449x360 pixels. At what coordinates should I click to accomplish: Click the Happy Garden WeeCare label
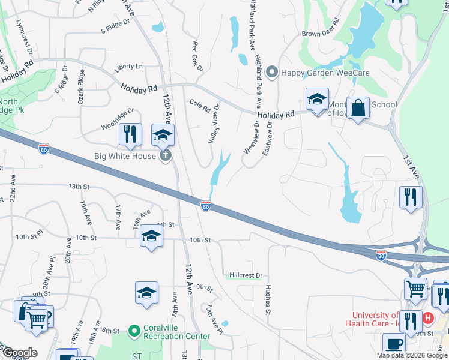click(325, 73)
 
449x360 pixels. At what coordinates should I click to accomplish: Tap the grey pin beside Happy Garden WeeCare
click(272, 73)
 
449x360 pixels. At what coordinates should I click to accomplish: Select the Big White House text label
click(126, 156)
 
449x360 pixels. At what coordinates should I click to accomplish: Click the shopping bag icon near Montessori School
click(358, 109)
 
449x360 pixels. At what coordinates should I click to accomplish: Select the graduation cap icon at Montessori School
click(317, 99)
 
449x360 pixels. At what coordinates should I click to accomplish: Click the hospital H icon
click(429, 317)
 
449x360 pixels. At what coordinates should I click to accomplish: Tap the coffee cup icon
click(394, 345)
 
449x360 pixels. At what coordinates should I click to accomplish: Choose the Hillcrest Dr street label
click(246, 275)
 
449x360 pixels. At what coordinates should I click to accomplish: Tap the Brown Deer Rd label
click(321, 34)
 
